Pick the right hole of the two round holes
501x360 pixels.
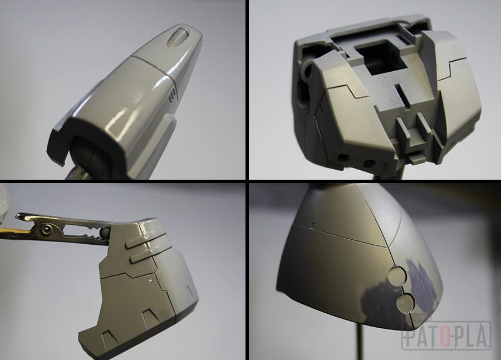(x=370, y=164)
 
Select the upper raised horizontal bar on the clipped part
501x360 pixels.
(x=146, y=241)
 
